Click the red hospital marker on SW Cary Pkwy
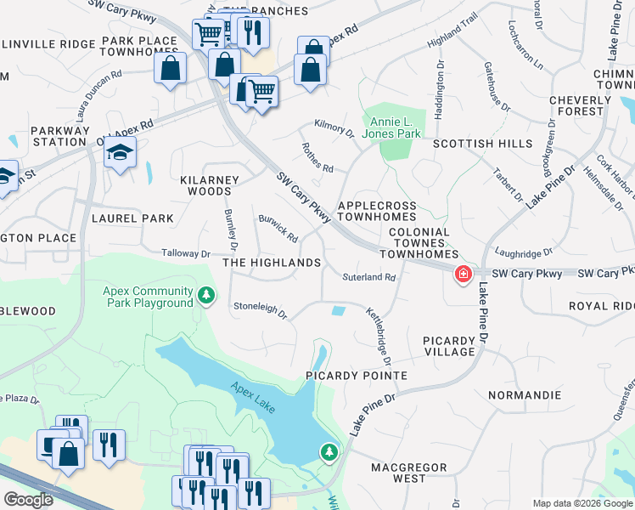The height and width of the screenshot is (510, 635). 464,274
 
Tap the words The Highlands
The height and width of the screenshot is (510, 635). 272,263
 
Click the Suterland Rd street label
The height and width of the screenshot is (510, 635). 369,277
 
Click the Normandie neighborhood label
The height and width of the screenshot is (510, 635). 525,395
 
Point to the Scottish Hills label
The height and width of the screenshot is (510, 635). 482,144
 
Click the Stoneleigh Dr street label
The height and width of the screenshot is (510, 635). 261,309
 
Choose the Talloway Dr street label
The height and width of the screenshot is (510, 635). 186,253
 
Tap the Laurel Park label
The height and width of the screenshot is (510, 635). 138,218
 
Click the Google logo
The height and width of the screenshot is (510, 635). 28,500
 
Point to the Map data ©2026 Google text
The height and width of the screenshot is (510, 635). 582,503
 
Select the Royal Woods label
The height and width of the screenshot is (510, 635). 601,306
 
